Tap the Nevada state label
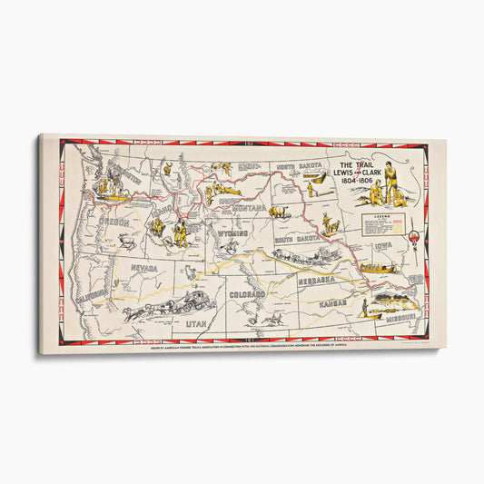143,268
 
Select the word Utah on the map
195,322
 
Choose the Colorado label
247,295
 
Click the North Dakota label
299,167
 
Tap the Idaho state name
163,212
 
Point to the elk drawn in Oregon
128,241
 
